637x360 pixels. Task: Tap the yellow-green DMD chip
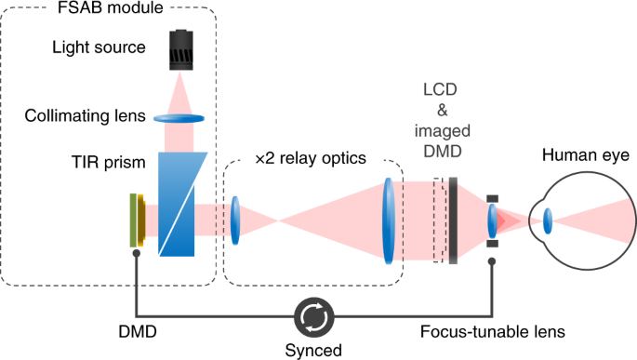138,220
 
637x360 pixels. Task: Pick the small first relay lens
235,220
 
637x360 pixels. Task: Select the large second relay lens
385,220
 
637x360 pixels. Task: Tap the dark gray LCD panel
452,220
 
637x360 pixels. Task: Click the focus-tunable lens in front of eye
493,220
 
